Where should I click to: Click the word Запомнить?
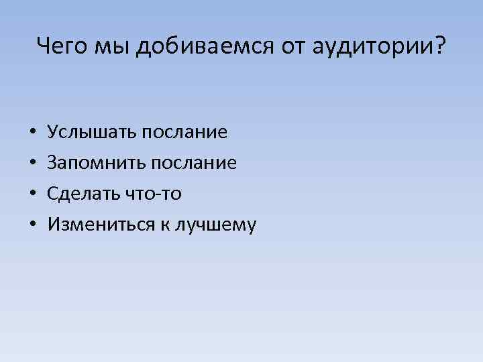(x=94, y=163)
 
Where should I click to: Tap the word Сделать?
(x=83, y=194)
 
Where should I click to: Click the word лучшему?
(x=215, y=226)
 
